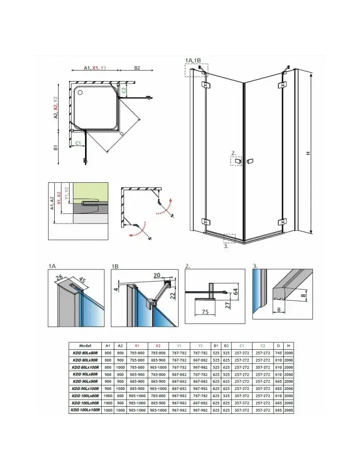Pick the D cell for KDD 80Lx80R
point(278,353)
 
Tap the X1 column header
point(137,345)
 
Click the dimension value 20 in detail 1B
point(157,275)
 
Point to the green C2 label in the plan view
point(123,90)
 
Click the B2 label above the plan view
point(137,68)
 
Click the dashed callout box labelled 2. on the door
point(237,161)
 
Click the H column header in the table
point(288,345)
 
